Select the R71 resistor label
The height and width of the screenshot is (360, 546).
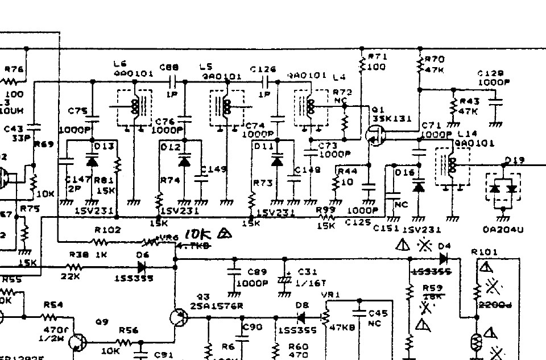coord(377,57)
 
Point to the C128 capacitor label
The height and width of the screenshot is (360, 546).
coord(490,73)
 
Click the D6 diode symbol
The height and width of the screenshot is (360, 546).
coord(143,266)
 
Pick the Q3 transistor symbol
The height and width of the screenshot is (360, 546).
coord(180,318)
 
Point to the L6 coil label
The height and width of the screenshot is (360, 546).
coord(120,63)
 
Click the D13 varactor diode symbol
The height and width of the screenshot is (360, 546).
coord(92,160)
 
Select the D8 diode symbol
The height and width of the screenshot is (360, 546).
coord(301,318)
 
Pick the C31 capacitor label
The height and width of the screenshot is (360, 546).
coord(307,272)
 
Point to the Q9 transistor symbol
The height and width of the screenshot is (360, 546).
coord(76,342)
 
